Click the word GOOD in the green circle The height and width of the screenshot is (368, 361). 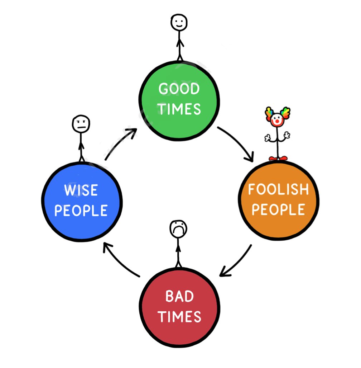[179, 89]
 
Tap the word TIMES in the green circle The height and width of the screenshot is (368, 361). [180, 109]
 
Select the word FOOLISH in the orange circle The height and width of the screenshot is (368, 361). [278, 189]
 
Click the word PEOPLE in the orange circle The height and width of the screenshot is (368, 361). [278, 209]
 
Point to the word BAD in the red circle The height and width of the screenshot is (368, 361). [179, 297]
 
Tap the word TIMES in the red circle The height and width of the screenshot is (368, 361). [179, 317]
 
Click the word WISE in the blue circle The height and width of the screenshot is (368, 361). [81, 190]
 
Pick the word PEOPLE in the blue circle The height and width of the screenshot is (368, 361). [81, 210]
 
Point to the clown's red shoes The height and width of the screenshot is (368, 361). [278, 158]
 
